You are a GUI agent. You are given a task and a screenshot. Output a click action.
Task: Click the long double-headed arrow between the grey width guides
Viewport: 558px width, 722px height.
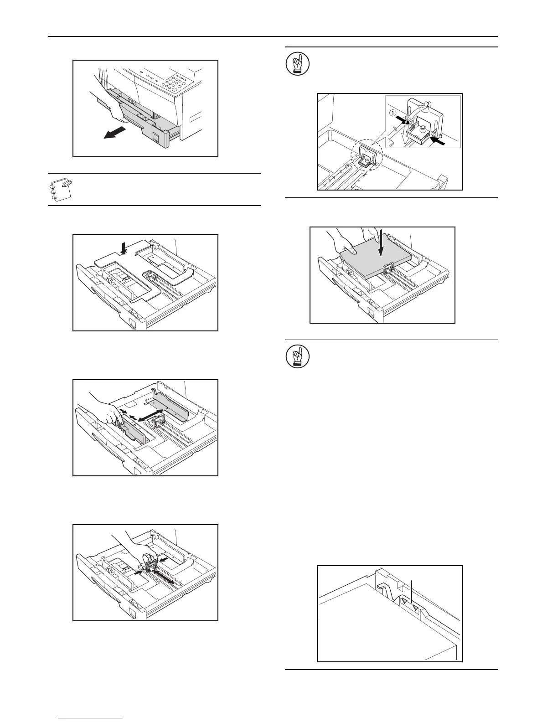pos(150,418)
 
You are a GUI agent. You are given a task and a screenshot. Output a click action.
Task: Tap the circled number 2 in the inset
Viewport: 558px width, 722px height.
pos(427,104)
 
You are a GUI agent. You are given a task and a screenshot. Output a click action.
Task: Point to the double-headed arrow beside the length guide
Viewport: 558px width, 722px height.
pos(164,577)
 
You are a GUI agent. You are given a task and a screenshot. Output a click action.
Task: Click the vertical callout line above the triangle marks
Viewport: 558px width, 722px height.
pos(412,590)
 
